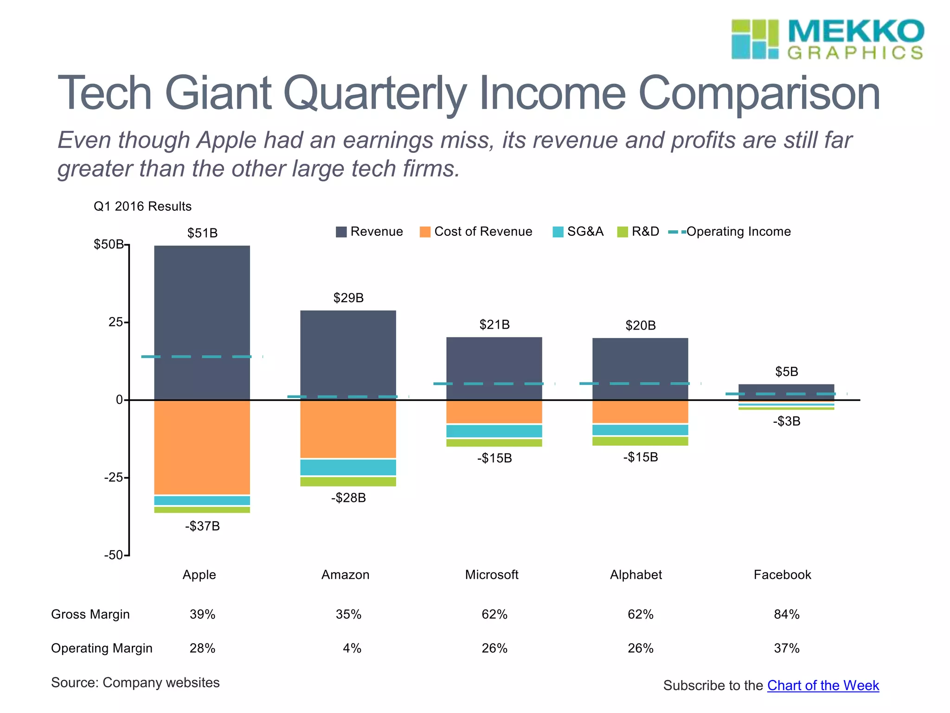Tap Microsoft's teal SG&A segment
tap(494, 431)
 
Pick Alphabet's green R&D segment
tap(640, 441)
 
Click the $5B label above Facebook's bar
tap(787, 371)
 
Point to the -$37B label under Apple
tap(202, 526)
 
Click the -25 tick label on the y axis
tap(114, 477)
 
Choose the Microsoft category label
tap(492, 575)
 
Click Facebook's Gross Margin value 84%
tap(787, 614)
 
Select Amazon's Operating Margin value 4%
tap(352, 648)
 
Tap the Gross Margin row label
tap(90, 614)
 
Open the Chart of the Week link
tap(823, 685)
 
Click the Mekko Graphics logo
tap(828, 39)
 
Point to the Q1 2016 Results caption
tap(142, 206)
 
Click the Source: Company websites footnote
tap(135, 682)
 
